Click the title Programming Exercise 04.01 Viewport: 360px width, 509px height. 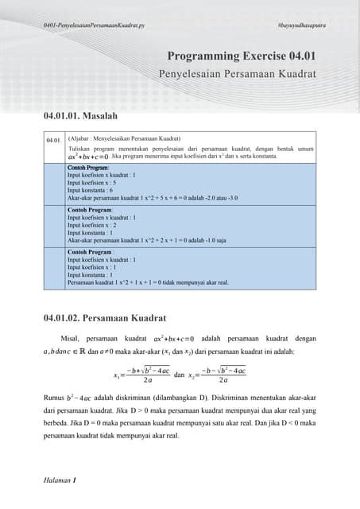242,56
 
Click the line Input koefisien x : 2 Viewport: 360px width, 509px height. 95,224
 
